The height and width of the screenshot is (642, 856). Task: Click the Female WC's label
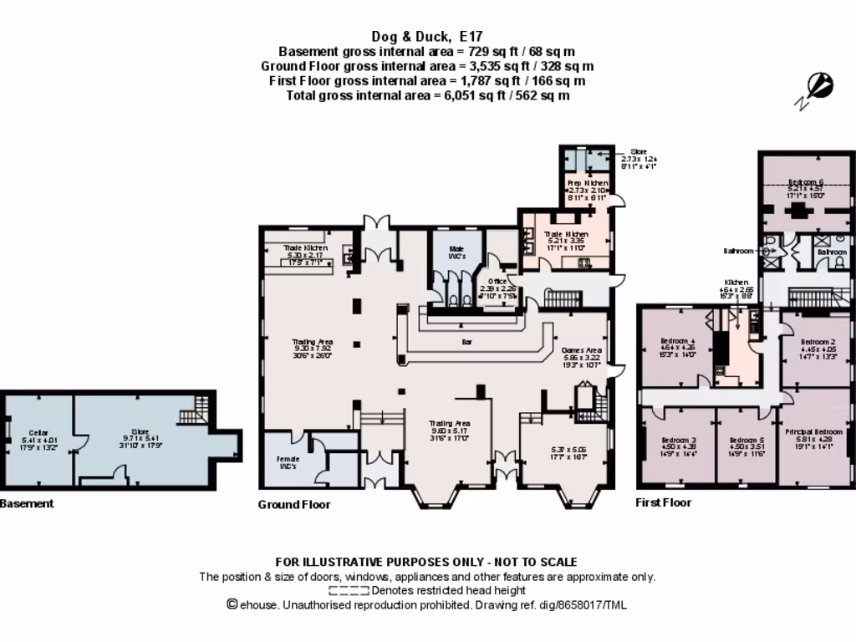(x=288, y=463)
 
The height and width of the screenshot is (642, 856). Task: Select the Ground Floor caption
(x=293, y=504)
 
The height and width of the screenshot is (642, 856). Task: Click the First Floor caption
(x=664, y=502)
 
